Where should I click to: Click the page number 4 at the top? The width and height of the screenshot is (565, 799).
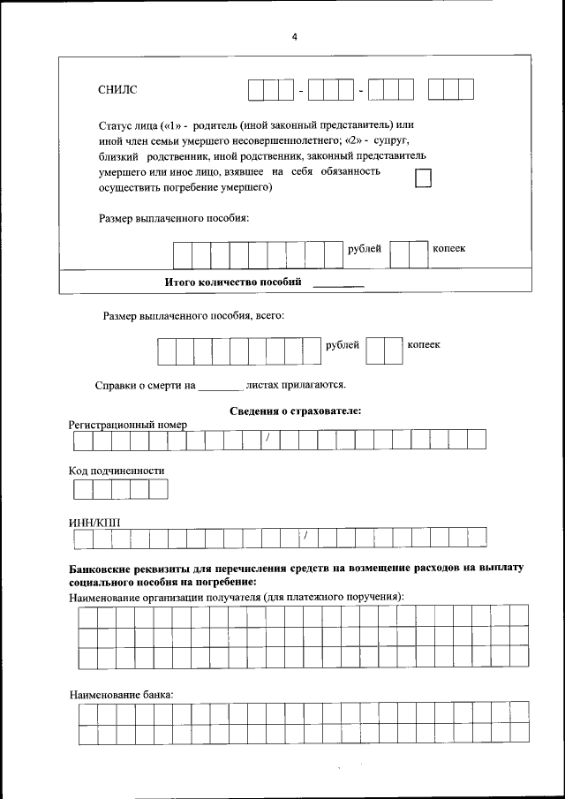[294, 36]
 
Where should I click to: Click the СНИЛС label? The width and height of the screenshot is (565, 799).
[117, 90]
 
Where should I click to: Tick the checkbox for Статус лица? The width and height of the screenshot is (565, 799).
[424, 178]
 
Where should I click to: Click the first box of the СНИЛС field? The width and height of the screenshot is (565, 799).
[256, 90]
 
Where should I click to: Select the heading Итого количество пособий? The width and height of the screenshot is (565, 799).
[234, 283]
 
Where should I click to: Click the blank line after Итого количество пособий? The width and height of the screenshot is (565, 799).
[339, 284]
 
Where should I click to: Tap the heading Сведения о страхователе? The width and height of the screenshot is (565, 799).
[296, 411]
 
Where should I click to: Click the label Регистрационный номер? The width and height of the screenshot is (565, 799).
[128, 425]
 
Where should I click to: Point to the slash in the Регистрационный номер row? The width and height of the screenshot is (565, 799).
[267, 438]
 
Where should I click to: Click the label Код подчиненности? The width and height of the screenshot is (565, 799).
[117, 471]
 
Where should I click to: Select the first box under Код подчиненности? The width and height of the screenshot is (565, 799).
[82, 489]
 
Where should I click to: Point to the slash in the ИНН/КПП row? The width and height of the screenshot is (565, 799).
[305, 537]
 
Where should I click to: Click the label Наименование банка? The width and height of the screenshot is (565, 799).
[121, 695]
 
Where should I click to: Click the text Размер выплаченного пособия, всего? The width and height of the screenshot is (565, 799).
[193, 314]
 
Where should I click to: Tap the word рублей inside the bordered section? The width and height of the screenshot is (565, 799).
[365, 249]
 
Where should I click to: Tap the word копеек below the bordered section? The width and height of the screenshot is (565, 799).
[424, 344]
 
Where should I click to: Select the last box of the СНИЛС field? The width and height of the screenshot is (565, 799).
[465, 90]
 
